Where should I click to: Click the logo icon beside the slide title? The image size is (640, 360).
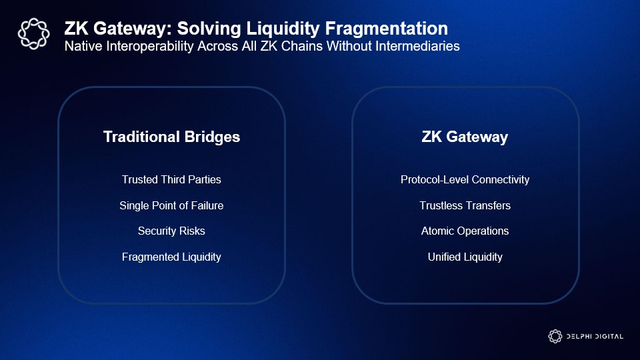coord(33,34)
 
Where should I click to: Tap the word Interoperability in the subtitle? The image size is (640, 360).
coord(149,46)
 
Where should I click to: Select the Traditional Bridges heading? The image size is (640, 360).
coord(171,137)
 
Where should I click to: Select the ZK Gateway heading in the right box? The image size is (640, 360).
coord(465,137)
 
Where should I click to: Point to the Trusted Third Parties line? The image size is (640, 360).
coord(171,179)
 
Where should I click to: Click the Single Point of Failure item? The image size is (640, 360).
coord(171,205)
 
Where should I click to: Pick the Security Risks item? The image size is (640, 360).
coord(171,231)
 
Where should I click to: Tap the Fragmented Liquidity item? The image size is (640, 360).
coord(171,257)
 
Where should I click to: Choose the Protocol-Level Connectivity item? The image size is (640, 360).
coord(465,179)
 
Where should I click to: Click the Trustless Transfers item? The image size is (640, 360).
coord(465,205)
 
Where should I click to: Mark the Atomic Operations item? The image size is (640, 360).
coord(465,231)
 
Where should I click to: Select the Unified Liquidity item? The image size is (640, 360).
coord(465,257)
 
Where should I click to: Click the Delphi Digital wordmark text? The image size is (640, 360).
coord(595,336)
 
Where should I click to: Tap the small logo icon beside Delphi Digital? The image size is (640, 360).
coord(555,336)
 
